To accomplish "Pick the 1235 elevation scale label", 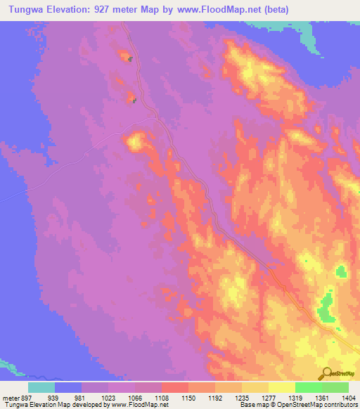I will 240,397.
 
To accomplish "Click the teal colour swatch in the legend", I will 41,387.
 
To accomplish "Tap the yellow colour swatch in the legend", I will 281,387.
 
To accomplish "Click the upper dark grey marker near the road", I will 130,58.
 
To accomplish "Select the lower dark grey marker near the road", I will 134,100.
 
